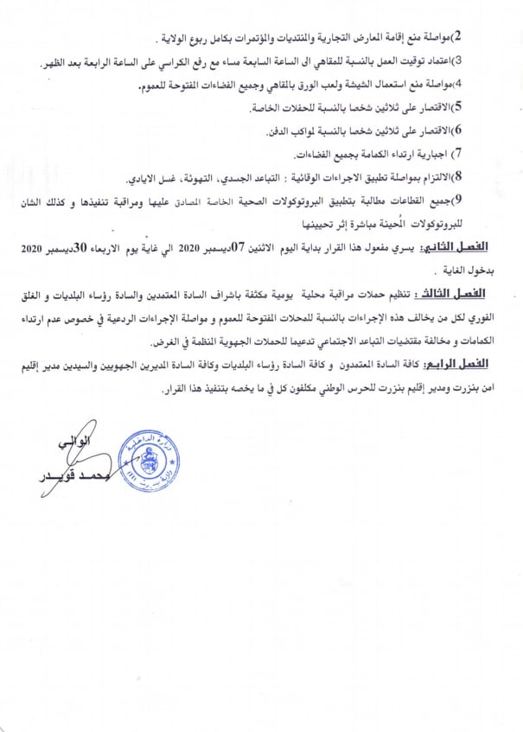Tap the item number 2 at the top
tap(459, 36)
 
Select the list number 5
tap(459, 107)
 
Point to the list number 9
tap(458, 201)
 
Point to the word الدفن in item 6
tap(277, 131)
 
